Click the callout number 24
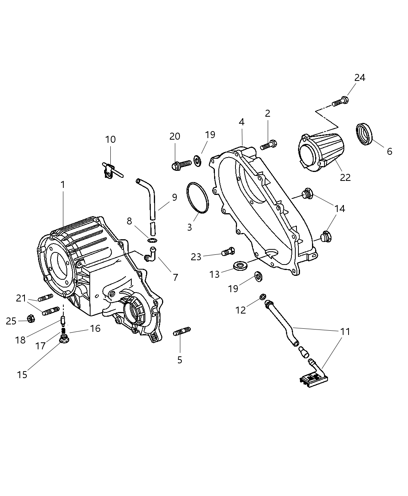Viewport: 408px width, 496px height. [359, 78]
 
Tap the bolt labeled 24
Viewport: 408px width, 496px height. [340, 102]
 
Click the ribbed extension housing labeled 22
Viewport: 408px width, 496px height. [322, 152]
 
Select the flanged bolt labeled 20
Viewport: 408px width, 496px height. [181, 165]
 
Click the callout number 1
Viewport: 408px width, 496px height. [63, 185]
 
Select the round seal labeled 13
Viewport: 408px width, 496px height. [240, 266]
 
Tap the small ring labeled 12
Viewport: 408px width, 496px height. [263, 297]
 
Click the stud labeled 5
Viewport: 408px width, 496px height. [182, 332]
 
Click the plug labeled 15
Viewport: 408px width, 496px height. [64, 340]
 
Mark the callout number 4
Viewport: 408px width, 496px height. [241, 122]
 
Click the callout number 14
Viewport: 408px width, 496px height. [339, 209]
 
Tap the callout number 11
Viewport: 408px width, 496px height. [345, 331]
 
